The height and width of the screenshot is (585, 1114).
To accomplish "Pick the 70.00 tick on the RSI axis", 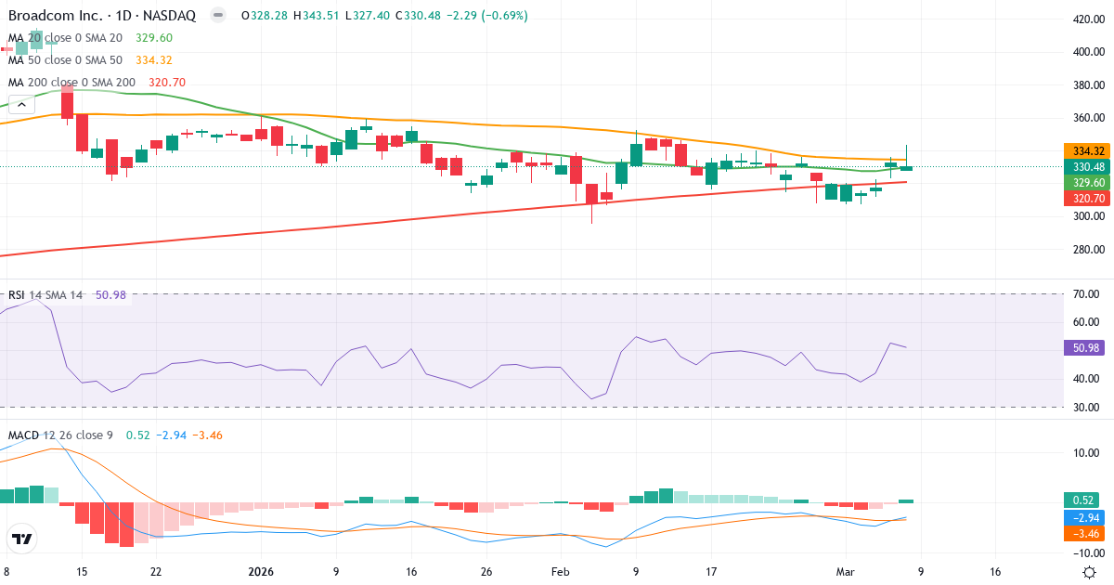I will point(1085,294).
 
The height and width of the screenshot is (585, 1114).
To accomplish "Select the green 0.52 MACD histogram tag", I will point(1081,500).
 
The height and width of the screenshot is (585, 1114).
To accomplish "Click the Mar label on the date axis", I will point(846,572).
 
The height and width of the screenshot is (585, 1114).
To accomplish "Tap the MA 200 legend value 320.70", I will point(167,83).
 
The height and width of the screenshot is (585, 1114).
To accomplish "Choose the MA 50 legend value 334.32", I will point(154,60).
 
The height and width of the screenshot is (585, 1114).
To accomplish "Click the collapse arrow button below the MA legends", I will point(20,105).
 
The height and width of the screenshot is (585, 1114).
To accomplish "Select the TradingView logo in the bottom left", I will point(21,539).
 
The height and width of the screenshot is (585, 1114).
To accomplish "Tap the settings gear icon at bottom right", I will point(1089,572).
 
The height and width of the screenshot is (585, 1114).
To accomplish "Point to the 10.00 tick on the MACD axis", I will point(1085,453).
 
